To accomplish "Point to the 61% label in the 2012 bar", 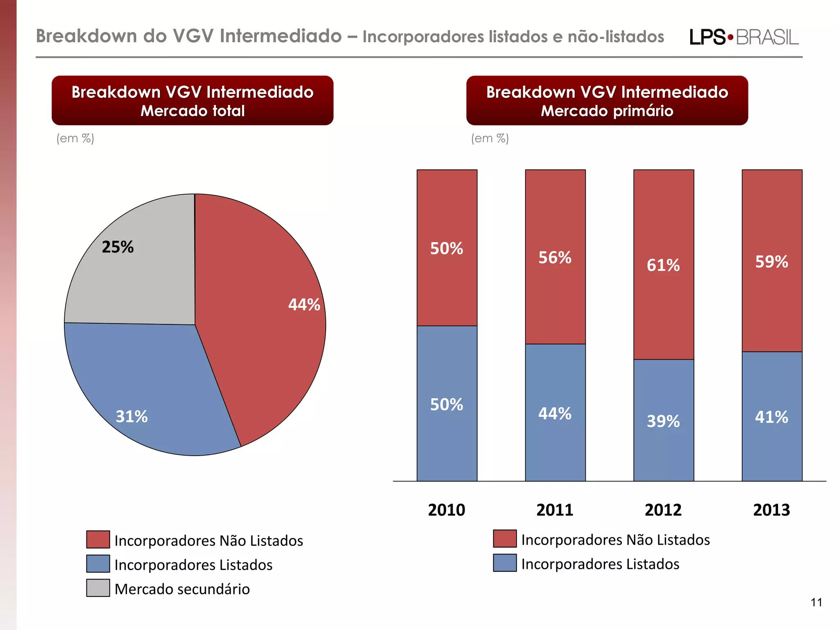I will [663, 265].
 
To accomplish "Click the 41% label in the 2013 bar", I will [771, 417].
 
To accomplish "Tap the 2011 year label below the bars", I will [555, 510].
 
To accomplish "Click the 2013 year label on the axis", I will [771, 510].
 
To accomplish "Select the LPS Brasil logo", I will [744, 37].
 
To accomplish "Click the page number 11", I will [816, 602].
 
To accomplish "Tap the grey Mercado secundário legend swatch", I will [98, 588].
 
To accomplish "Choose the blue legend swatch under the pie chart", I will [98, 564].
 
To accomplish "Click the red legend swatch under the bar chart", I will [505, 539].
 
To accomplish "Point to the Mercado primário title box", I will [607, 100].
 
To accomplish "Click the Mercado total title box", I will [192, 100].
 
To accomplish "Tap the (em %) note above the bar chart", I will [490, 138].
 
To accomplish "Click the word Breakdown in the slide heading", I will [86, 36].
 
